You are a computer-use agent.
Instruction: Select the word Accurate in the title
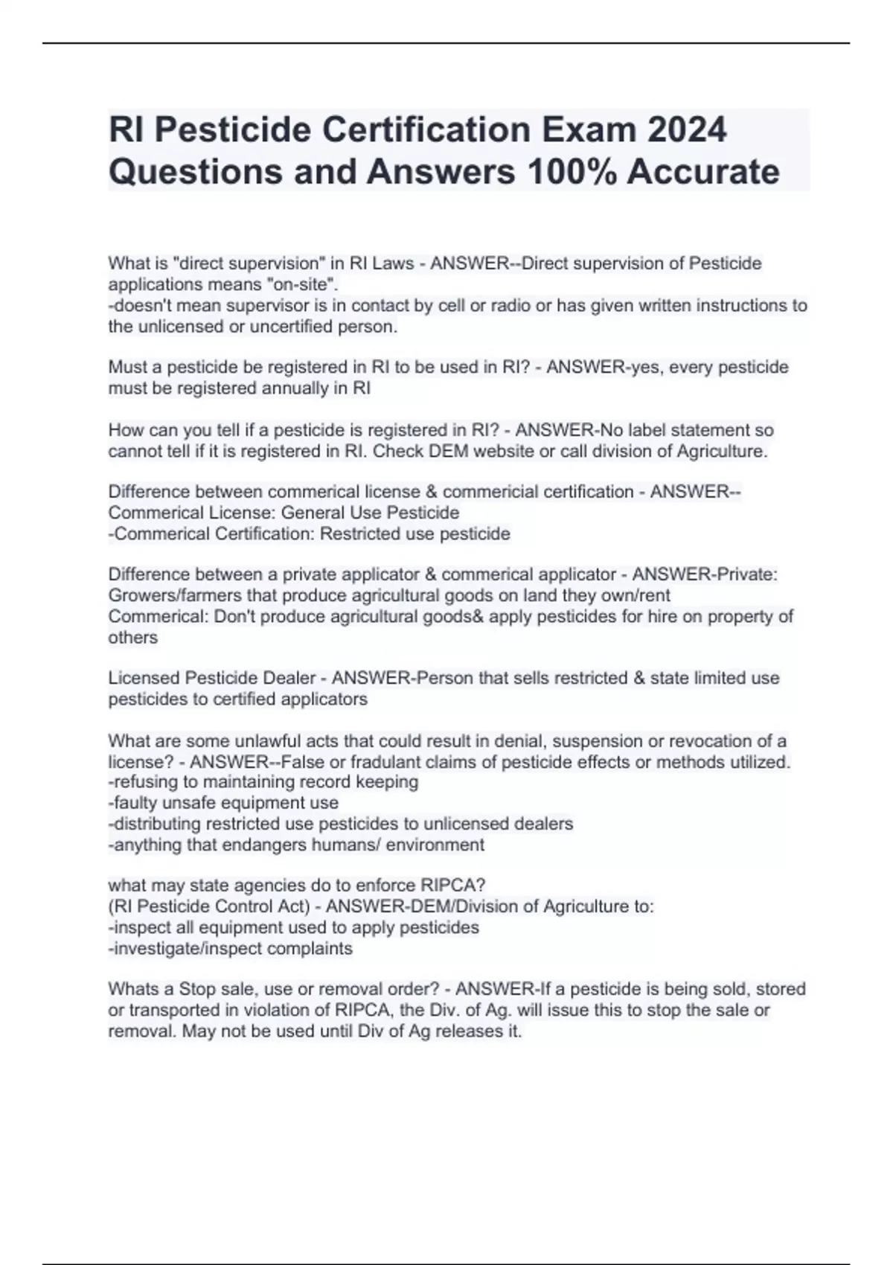[x=703, y=171]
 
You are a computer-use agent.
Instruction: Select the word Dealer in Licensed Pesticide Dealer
[x=289, y=678]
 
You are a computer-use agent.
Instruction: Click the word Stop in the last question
[x=197, y=989]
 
